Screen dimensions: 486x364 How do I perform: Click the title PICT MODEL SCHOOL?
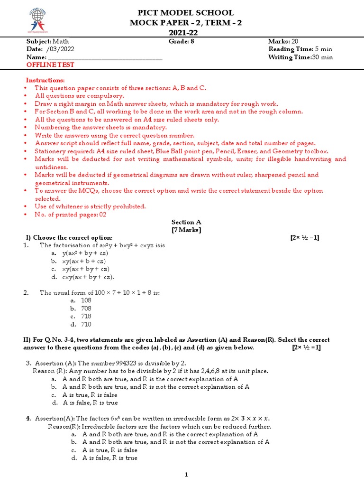point(185,13)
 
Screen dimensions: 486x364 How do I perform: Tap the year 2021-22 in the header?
point(185,33)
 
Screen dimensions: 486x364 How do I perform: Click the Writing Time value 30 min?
point(322,57)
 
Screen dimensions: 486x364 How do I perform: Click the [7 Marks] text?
point(186,230)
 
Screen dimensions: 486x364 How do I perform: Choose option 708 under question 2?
point(86,308)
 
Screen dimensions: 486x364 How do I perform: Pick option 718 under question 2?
point(86,317)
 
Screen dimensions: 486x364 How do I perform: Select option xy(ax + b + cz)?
point(84,262)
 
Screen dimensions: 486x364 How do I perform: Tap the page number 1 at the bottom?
point(186,475)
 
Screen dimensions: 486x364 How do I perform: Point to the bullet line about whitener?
point(90,206)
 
